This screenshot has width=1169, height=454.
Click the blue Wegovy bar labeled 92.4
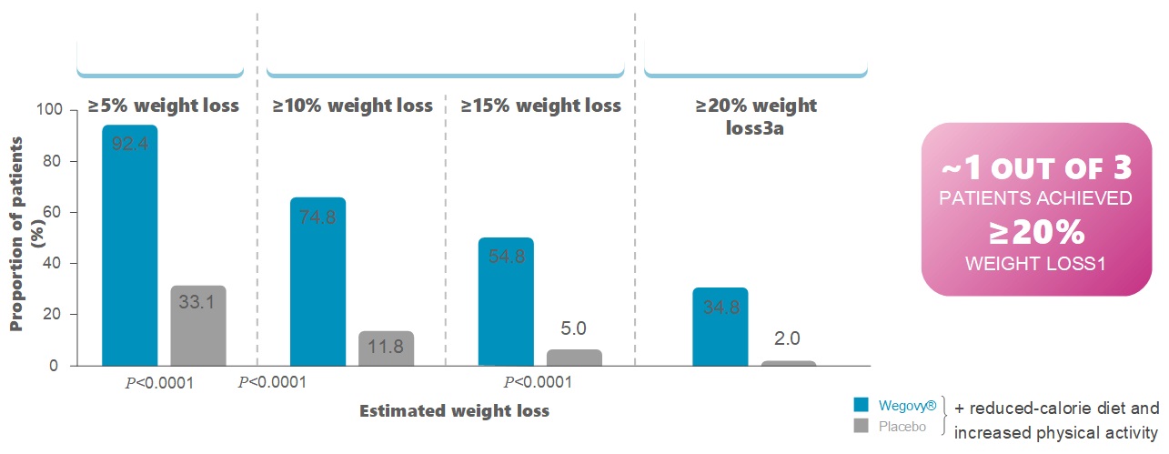tap(129, 246)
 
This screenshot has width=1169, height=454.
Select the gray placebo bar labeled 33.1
tap(198, 326)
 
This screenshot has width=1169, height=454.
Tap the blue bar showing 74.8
tap(317, 282)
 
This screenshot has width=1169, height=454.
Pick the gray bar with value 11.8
tap(386, 348)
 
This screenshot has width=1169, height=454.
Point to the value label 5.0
tap(574, 328)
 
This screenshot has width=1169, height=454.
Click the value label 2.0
tap(788, 338)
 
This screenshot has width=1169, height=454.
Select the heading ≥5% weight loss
tap(164, 106)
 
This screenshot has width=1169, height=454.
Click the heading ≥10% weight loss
tap(353, 106)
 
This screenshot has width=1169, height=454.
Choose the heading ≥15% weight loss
tap(541, 106)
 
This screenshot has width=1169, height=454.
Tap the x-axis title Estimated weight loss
tap(454, 410)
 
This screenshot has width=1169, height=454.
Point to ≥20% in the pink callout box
tap(1037, 233)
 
